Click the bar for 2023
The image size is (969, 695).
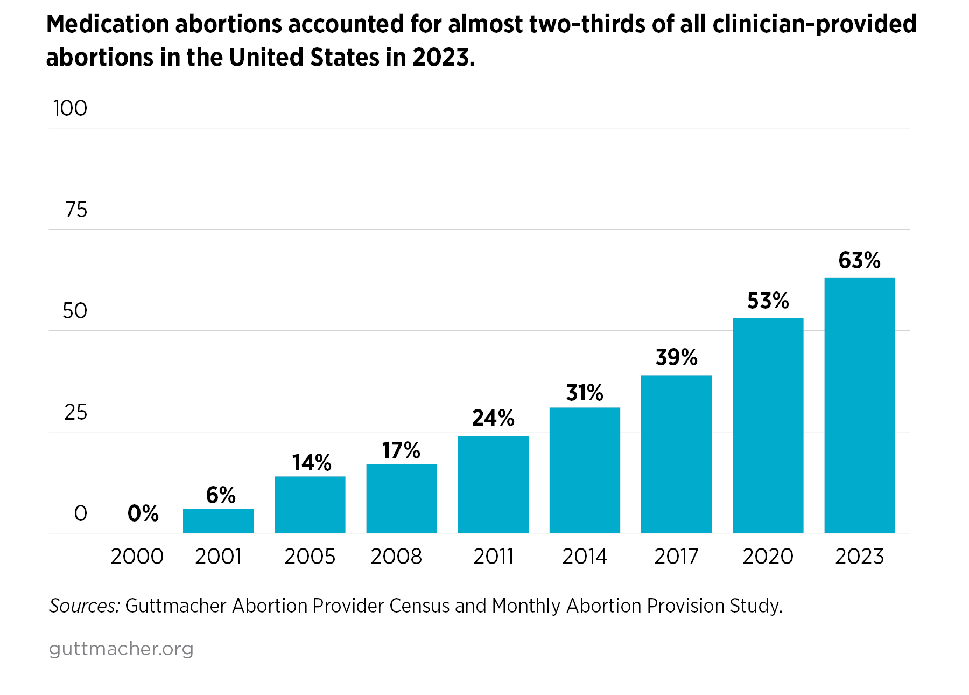[859, 405]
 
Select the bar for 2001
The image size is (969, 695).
[218, 520]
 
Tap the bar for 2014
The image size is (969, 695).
[585, 470]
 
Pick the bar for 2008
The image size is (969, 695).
[401, 498]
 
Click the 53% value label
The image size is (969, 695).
[768, 301]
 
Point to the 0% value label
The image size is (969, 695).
[143, 513]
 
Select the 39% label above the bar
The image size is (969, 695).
[676, 357]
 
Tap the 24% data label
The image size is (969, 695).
[493, 418]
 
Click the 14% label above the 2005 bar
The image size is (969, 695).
[311, 463]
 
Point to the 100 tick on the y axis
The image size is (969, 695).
[70, 108]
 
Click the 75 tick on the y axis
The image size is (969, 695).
[76, 210]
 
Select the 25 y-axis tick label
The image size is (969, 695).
[75, 412]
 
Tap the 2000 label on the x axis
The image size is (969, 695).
[137, 557]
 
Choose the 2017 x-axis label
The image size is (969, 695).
[676, 557]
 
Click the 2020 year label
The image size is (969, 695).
[768, 557]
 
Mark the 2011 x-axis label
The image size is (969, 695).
[493, 557]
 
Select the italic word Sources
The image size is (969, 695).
[84, 606]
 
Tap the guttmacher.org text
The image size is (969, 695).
[121, 648]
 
